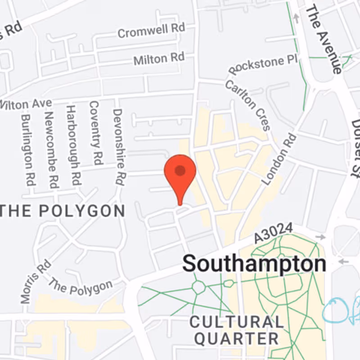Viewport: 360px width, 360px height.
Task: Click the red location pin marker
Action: pos(180,173)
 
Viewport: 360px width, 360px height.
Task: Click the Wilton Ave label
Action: pos(26,104)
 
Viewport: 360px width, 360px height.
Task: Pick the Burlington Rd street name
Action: pos(27,151)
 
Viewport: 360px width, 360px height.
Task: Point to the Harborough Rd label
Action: pos(73,145)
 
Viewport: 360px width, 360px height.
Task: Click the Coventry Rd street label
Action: pos(95,133)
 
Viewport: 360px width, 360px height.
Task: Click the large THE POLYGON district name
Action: pos(63,211)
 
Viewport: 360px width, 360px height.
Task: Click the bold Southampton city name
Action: pos(254,263)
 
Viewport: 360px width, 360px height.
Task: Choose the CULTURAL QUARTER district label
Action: pos(237,330)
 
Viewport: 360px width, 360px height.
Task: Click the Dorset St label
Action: pos(356,146)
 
